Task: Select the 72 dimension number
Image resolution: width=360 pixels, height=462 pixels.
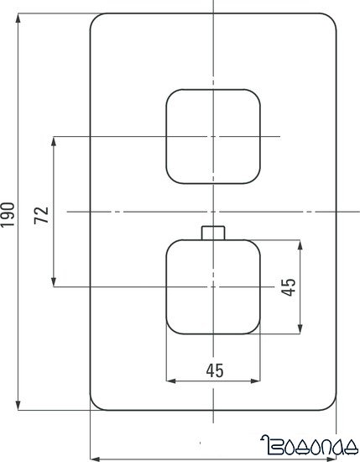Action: pos(43,213)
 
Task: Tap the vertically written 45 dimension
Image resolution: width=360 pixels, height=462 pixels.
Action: pos(288,288)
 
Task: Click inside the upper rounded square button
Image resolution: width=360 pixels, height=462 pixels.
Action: pos(213,136)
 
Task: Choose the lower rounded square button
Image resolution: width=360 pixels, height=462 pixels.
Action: pos(213,286)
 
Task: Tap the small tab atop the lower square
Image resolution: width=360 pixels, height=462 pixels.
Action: pos(213,233)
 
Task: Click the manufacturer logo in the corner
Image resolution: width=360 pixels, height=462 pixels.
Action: pos(310,444)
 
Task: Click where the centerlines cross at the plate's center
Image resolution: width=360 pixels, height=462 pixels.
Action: pos(213,212)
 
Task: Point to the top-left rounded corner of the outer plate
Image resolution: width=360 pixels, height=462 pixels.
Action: pos(97,21)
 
